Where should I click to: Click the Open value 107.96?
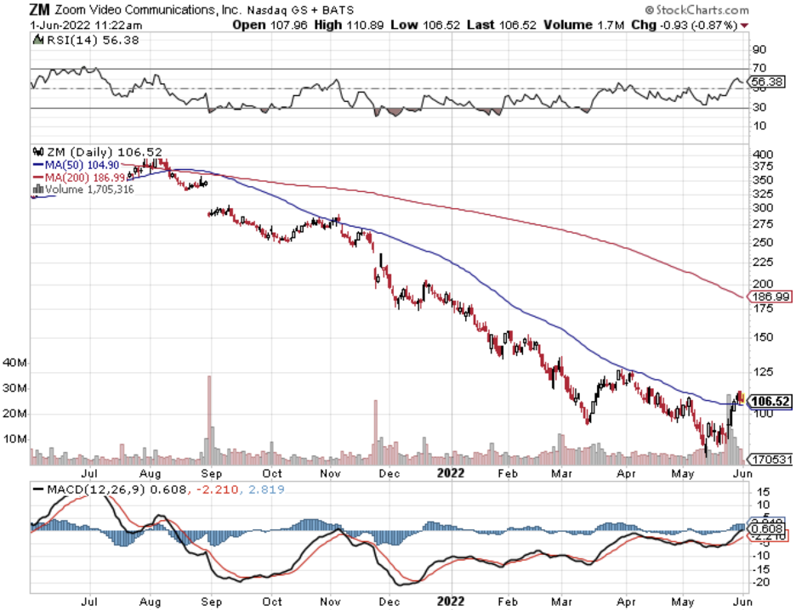pyautogui.click(x=289, y=25)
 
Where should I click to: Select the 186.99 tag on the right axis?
pyautogui.click(x=770, y=297)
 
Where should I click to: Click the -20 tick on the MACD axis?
pyautogui.click(x=763, y=582)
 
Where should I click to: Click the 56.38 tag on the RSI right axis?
pyautogui.click(x=767, y=82)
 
